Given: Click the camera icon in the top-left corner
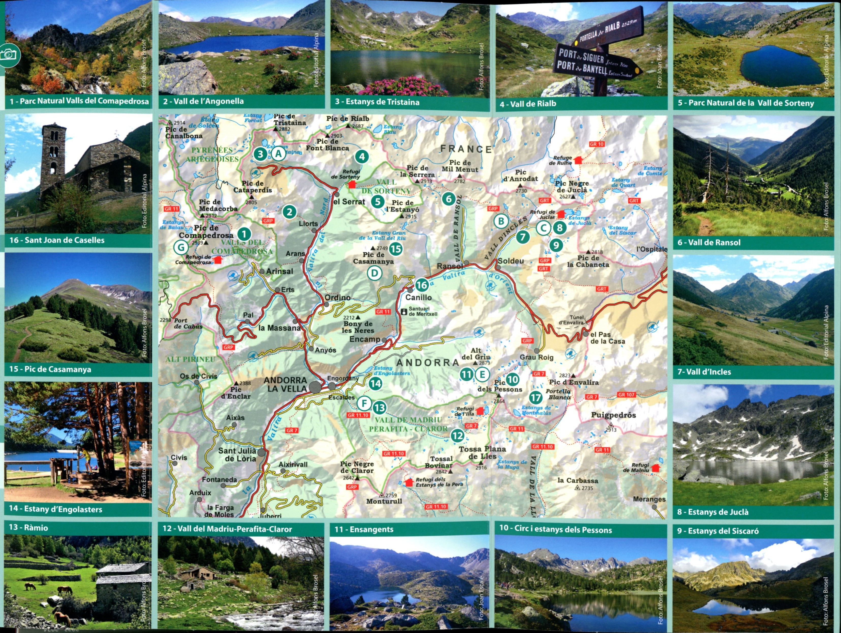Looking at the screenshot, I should tap(8, 55).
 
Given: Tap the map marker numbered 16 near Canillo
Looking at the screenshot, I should tap(422, 285).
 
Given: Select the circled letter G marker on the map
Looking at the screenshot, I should tap(181, 247).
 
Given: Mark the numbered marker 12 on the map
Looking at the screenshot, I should tap(457, 436).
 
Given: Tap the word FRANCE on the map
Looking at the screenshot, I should tap(466, 149).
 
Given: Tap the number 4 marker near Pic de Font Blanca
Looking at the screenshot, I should tap(362, 156).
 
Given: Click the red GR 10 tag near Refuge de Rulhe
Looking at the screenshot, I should tap(597, 144).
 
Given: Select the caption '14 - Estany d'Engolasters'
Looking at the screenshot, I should tap(55, 509).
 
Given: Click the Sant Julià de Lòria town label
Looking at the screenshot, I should tap(237, 455).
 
